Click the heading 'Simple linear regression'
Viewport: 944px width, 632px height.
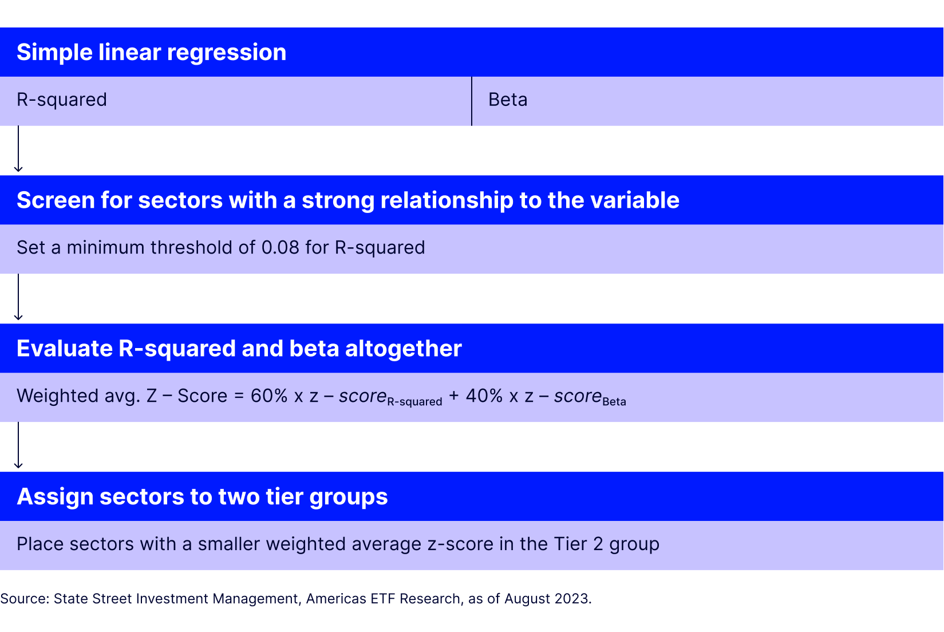coord(151,52)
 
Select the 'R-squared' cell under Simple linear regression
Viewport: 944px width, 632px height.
coord(62,100)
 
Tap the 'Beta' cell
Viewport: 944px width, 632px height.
coord(508,100)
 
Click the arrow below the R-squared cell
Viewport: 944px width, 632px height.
coord(18,149)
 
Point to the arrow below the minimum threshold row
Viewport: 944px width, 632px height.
coord(18,297)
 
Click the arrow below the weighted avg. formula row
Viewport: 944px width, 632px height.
coord(18,445)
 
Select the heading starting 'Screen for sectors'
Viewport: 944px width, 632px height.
coord(347,200)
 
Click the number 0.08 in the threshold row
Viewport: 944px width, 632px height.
coord(280,247)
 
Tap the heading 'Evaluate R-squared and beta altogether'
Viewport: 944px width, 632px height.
coord(239,349)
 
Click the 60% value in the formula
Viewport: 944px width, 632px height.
coord(268,396)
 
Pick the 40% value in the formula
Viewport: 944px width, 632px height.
coord(484,396)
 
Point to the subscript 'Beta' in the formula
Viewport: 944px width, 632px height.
coord(614,402)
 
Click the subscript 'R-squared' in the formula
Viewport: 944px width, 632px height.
coord(414,402)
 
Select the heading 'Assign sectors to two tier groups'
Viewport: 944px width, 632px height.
coord(202,496)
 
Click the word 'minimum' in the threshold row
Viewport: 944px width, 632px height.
coord(105,247)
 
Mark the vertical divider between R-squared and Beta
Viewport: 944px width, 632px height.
coord(472,101)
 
